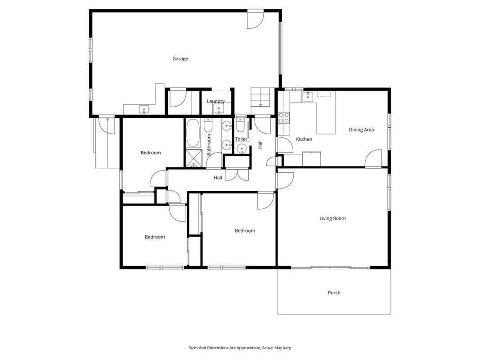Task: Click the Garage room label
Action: pos(180,59)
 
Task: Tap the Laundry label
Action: pos(216,101)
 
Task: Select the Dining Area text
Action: pos(361,130)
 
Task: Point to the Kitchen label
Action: pos(304,139)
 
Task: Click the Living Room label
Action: pos(332,218)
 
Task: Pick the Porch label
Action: pos(334,292)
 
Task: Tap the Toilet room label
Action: pos(241,139)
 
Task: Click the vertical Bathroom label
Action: pos(209,144)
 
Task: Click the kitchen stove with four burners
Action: pos(284,118)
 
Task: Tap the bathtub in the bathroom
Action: pos(193,133)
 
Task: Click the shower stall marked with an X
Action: pos(194,158)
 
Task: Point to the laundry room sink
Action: pos(219,108)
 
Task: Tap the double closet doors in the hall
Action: pos(237,175)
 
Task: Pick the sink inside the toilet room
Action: pos(242,149)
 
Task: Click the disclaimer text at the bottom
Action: pos(240,348)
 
